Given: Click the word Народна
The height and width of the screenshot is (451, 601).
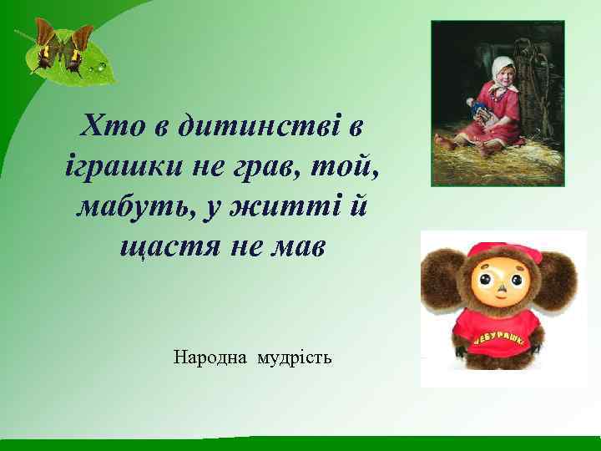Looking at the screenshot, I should [x=210, y=358].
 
